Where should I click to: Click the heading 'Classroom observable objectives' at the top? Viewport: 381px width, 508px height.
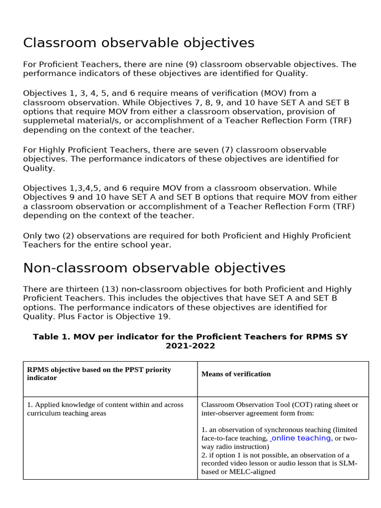click(138, 43)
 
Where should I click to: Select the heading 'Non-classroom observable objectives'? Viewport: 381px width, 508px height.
click(154, 268)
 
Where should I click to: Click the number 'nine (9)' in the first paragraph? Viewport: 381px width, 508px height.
click(179, 64)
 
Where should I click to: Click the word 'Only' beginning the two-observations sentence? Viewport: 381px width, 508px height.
click(32, 236)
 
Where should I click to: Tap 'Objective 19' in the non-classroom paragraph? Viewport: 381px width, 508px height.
click(146, 317)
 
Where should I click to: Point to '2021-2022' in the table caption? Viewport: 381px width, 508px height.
click(190, 346)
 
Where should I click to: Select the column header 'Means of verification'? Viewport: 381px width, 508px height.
click(236, 374)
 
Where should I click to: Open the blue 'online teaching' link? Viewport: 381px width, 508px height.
click(301, 438)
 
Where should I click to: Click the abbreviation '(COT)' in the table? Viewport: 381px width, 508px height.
click(295, 405)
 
